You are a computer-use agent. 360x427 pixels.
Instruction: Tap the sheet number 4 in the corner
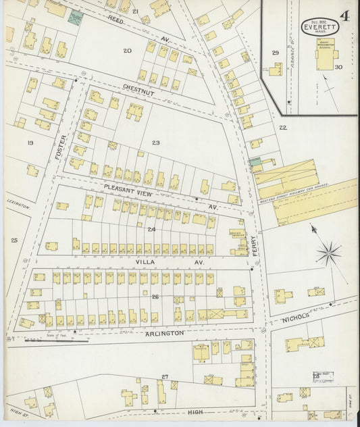[x=345, y=16]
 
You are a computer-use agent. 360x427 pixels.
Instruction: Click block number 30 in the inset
[x=338, y=67]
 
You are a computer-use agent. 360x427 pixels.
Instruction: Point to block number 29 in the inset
[x=275, y=53]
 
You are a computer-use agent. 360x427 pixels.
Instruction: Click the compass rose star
[x=328, y=254]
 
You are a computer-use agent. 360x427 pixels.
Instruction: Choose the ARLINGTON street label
[x=163, y=334]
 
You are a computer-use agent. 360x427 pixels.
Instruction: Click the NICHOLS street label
[x=295, y=317]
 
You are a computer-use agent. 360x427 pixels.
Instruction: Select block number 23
[x=155, y=143]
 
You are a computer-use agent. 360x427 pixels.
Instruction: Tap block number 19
[x=30, y=143]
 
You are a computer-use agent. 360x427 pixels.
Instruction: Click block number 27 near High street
[x=164, y=376]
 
